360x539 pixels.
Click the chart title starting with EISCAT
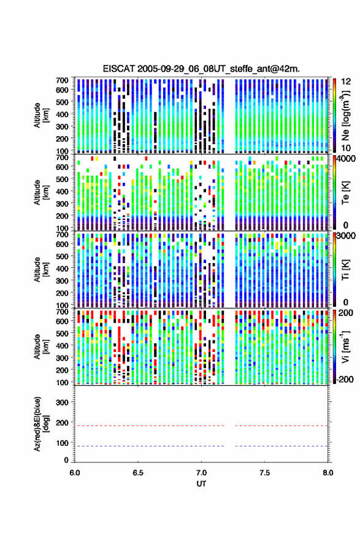click(201, 69)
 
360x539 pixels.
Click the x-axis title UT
click(201, 484)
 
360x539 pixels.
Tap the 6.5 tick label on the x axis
click(138, 473)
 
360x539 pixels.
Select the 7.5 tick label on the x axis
click(264, 473)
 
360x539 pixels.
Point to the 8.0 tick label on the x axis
click(327, 473)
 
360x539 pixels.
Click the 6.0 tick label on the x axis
click(75, 473)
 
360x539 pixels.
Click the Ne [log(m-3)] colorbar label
click(345, 115)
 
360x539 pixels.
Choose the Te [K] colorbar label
click(345, 192)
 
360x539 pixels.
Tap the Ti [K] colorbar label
click(345, 269)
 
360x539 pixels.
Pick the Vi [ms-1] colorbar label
click(345, 346)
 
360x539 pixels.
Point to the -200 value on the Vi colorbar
click(344, 380)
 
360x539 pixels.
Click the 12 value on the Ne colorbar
click(346, 82)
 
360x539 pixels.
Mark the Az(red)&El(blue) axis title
click(41, 424)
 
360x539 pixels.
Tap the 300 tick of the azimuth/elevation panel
click(62, 402)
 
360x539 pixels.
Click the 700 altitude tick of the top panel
click(62, 80)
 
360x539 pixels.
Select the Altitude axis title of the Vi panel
click(41, 346)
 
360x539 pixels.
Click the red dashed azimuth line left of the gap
click(149, 426)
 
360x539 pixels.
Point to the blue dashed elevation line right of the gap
click(281, 446)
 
